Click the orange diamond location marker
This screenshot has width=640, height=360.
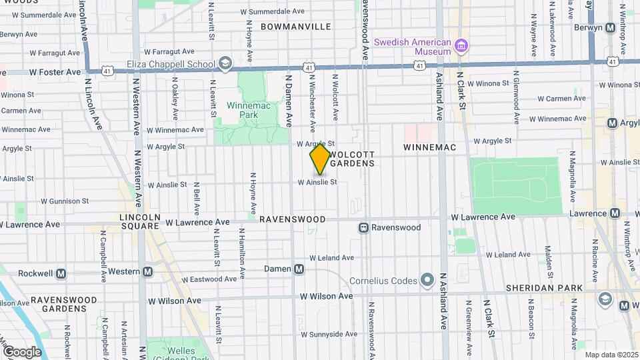click(x=320, y=159)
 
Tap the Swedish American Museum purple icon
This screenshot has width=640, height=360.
click(x=461, y=46)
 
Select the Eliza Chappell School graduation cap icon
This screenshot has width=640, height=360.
click(x=225, y=64)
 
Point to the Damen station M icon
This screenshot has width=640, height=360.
click(x=299, y=269)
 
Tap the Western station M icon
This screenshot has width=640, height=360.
click(x=147, y=272)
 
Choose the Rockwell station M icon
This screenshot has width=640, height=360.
click(x=61, y=273)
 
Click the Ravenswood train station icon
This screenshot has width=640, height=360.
click(x=364, y=227)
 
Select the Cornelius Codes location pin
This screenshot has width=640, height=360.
click(x=427, y=281)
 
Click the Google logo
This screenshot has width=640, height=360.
click(x=22, y=352)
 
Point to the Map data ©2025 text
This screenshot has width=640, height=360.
click(x=611, y=355)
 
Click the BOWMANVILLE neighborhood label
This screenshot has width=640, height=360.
click(x=295, y=27)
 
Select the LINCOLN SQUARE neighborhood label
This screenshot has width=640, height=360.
click(x=139, y=221)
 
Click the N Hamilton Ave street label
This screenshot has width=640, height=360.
click(x=241, y=254)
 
